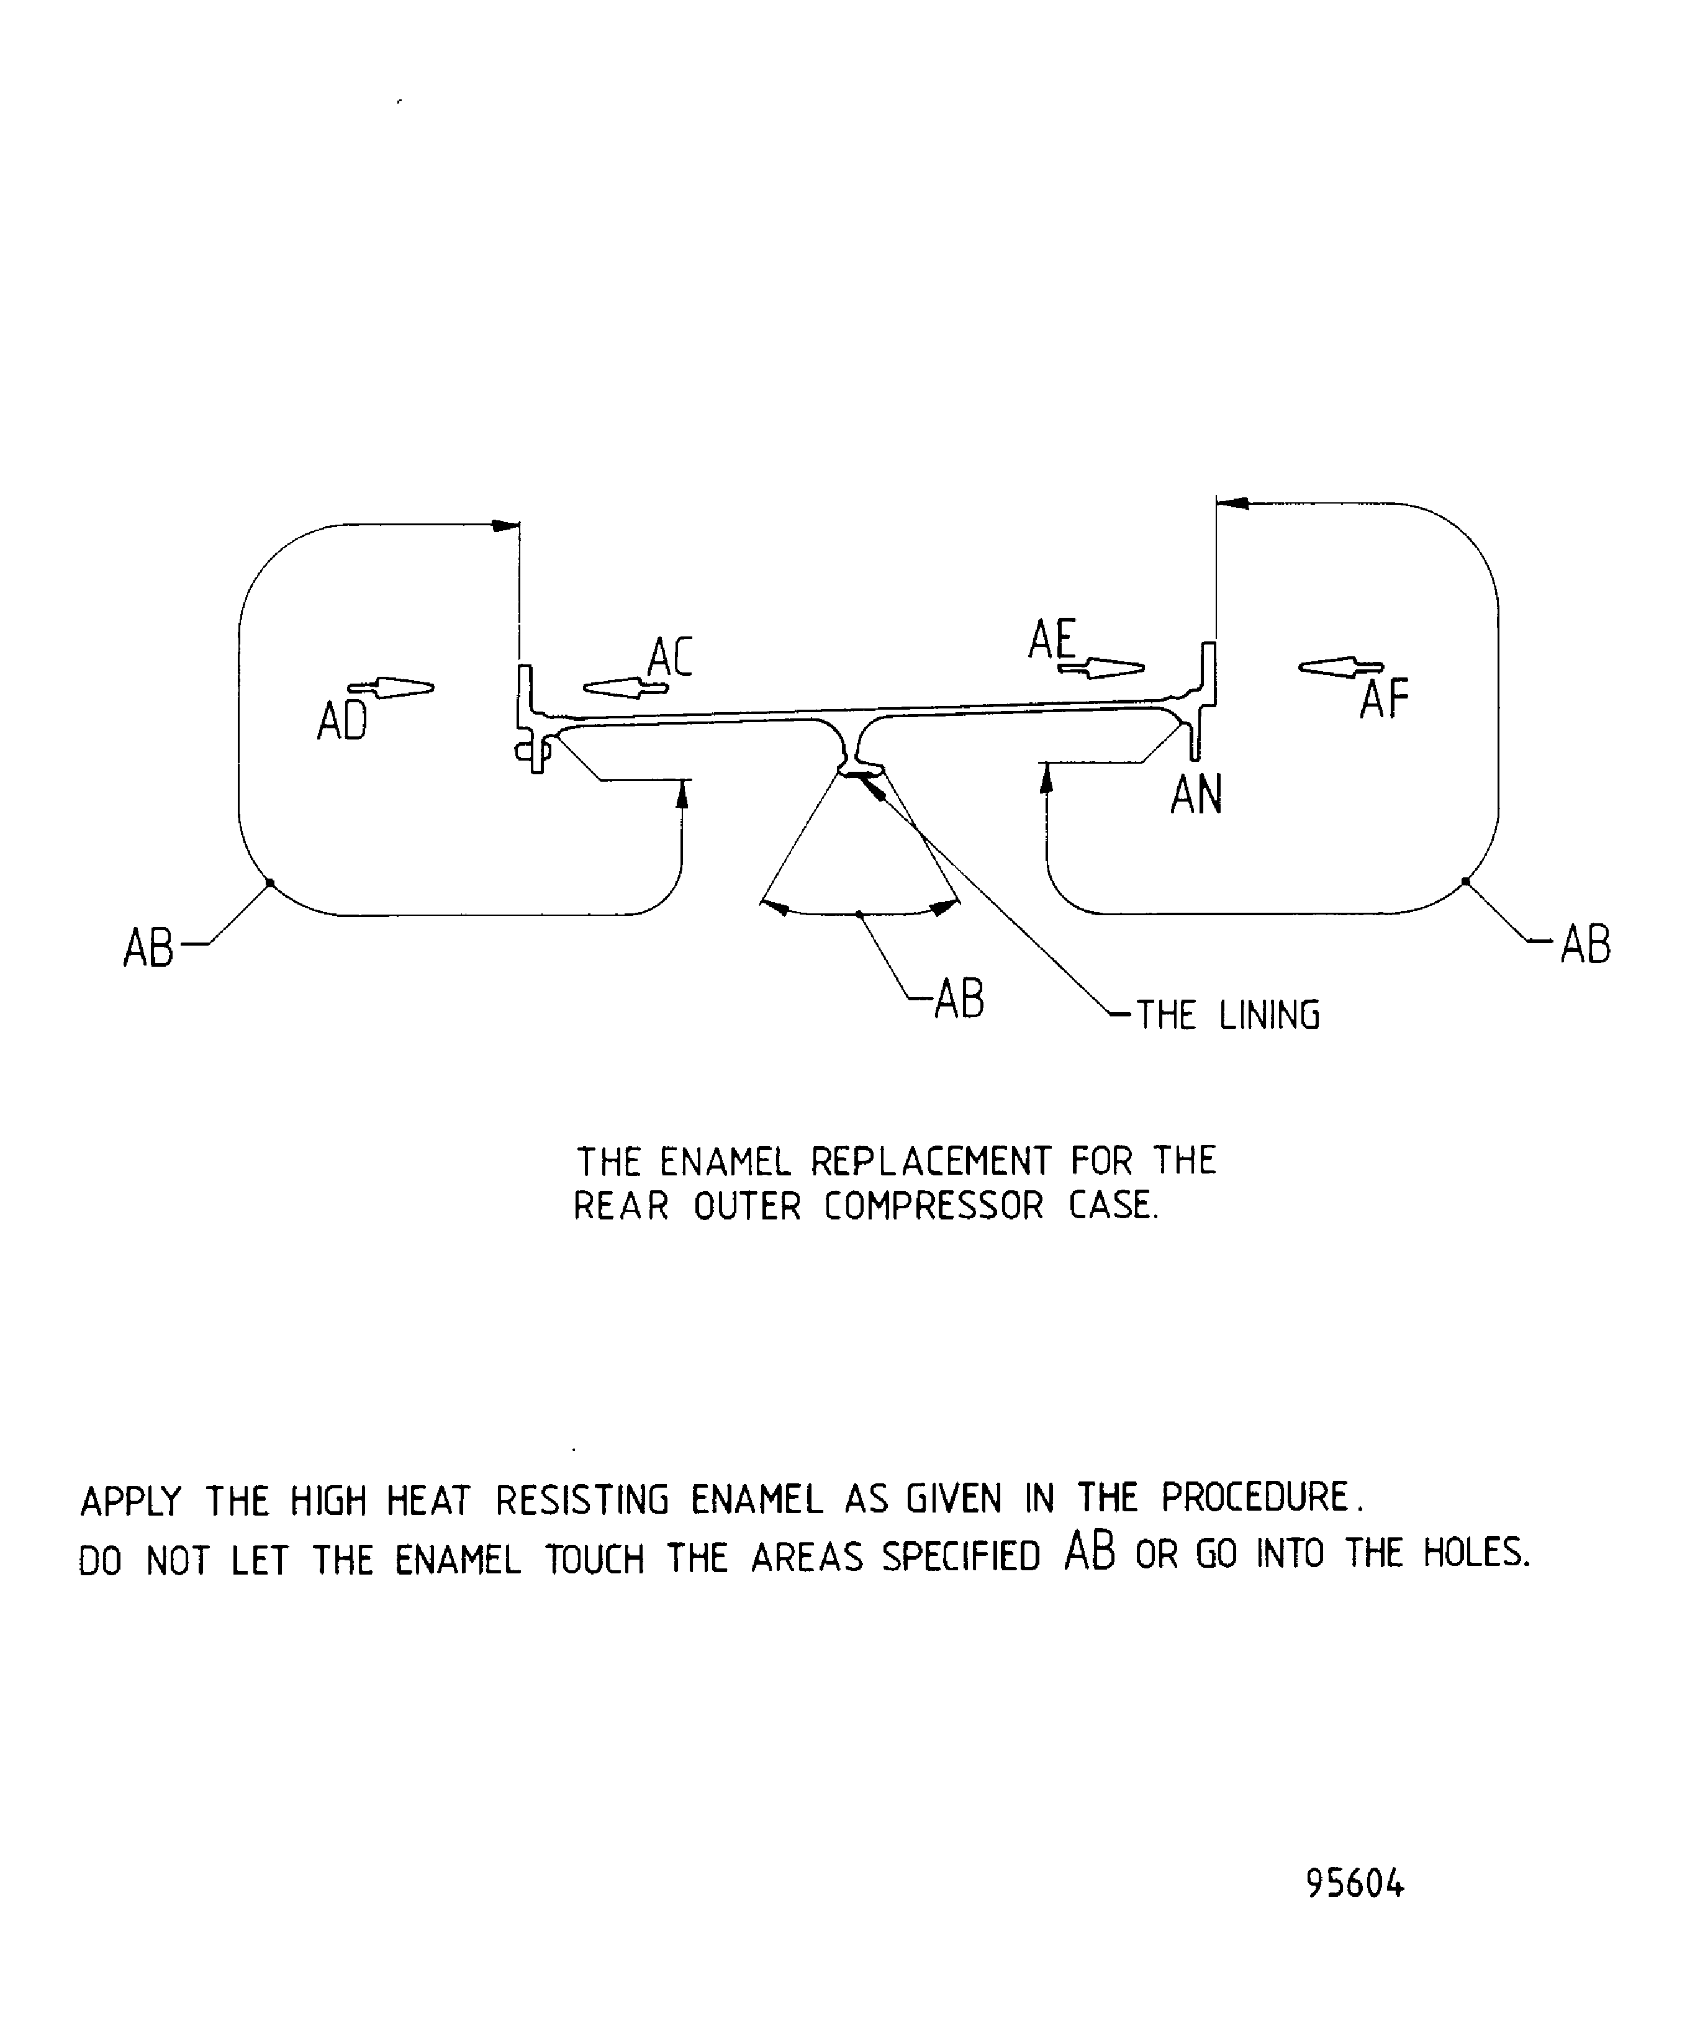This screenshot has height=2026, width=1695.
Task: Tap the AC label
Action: (669, 658)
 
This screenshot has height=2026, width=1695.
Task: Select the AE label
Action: (1052, 639)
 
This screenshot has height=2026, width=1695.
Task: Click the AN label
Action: (1196, 796)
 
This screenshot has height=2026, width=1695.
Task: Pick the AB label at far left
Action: (148, 948)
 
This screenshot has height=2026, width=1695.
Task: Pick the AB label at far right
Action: (1586, 944)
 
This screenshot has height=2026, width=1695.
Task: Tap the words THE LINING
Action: (1227, 1016)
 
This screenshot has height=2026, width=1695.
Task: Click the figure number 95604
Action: (1355, 1883)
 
